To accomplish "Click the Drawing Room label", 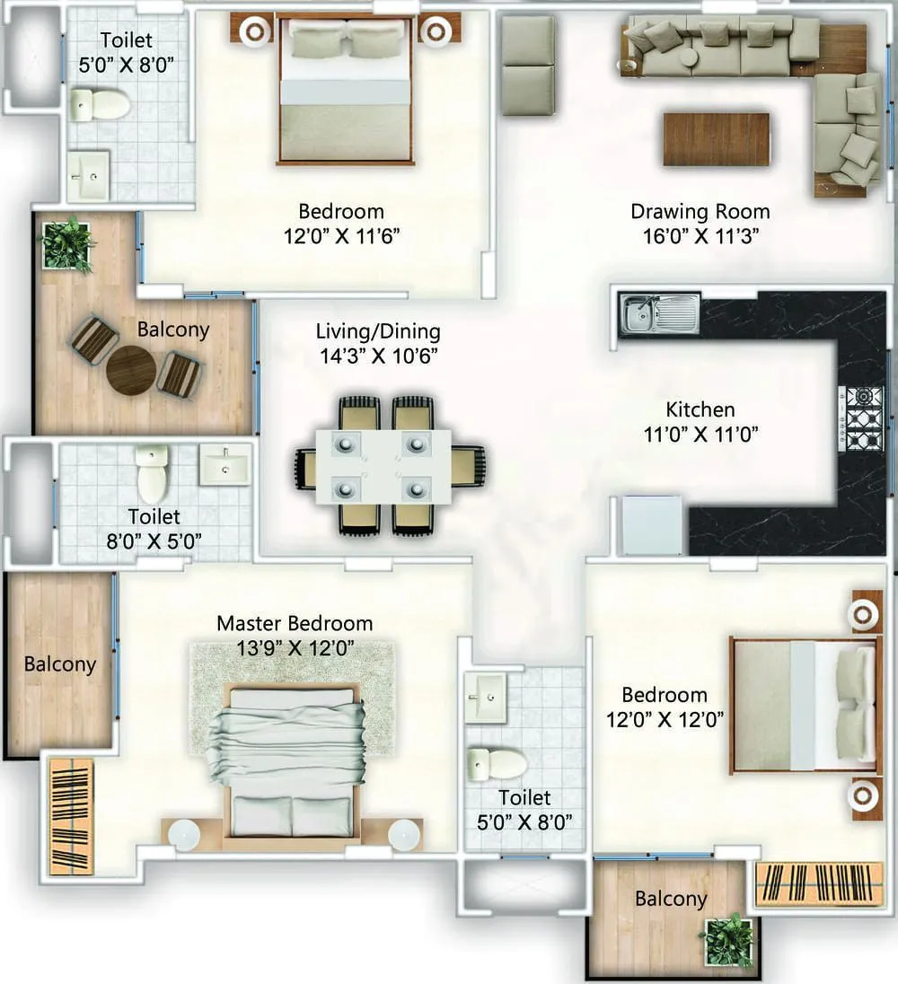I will click(x=700, y=212).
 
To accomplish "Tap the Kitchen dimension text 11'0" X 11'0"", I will click(x=700, y=435).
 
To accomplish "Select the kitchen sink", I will click(x=659, y=312).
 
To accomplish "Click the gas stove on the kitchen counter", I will click(x=861, y=418).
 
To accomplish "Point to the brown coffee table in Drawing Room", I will click(x=716, y=139).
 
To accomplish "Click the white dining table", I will click(x=383, y=465).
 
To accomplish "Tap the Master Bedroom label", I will click(x=295, y=623).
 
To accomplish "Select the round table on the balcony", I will click(x=131, y=369).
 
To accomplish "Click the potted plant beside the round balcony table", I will click(x=68, y=242).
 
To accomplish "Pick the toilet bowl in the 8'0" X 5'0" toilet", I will click(x=152, y=474).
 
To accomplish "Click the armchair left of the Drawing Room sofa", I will click(x=527, y=65).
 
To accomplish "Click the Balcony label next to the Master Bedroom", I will click(x=59, y=664).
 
